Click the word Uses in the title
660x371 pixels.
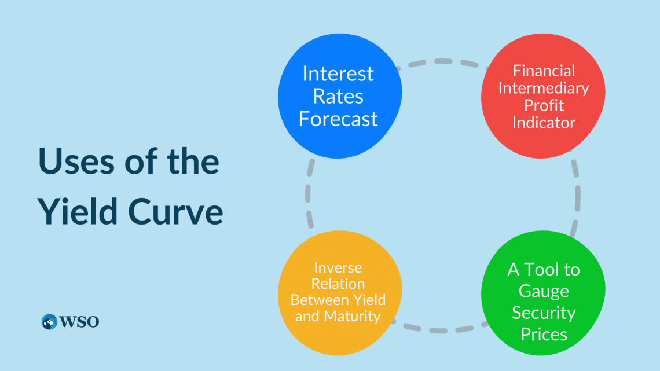pyautogui.click(x=76, y=161)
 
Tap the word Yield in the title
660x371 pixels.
pyautogui.click(x=78, y=211)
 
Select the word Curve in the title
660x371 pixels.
pyautogui.click(x=175, y=212)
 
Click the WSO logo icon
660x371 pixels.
pyautogui.click(x=49, y=322)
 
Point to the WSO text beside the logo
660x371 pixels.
pyautogui.click(x=79, y=322)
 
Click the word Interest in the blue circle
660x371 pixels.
pyautogui.click(x=338, y=74)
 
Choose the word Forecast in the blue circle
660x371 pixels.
pyautogui.click(x=338, y=119)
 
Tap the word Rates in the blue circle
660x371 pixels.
pyautogui.click(x=338, y=97)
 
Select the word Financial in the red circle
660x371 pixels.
pyautogui.click(x=544, y=71)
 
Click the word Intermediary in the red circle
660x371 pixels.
pyautogui.click(x=544, y=88)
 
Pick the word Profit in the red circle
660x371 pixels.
pyautogui.click(x=544, y=105)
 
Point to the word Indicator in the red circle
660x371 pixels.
pyautogui.click(x=544, y=123)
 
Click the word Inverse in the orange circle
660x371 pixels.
pyautogui.click(x=338, y=267)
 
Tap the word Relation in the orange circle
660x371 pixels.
pyautogui.click(x=338, y=284)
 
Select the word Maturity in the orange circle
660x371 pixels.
pyautogui.click(x=352, y=316)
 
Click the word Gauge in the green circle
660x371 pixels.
pyautogui.click(x=544, y=291)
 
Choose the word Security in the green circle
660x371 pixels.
pyautogui.click(x=544, y=313)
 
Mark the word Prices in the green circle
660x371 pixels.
pyautogui.click(x=544, y=335)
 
